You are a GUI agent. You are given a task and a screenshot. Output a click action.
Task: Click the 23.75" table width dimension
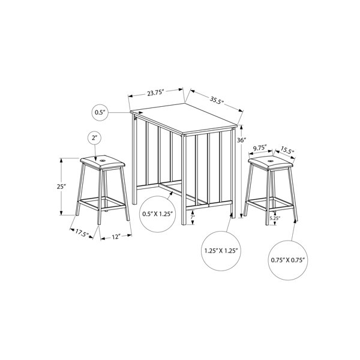pos(155,92)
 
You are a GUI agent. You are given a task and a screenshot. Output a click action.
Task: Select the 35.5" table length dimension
pos(217,100)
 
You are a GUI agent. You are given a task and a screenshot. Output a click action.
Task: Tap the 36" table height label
pos(242,140)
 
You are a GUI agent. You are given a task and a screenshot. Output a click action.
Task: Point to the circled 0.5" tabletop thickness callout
pos(100,113)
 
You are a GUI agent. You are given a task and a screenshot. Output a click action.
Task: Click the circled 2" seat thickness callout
pos(95,138)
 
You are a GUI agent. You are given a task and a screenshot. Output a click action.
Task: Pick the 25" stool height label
pos(61,187)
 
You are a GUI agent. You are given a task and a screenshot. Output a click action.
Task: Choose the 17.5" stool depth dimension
pos(82,234)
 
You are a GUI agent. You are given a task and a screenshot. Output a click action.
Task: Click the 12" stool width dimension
pos(116,237)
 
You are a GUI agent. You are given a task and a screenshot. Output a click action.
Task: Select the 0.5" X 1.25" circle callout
pos(157,214)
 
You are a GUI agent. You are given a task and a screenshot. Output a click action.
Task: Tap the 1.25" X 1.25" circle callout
pos(221,251)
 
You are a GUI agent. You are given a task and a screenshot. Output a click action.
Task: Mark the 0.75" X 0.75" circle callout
pos(287,260)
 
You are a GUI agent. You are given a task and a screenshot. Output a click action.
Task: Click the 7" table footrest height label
pos(193,217)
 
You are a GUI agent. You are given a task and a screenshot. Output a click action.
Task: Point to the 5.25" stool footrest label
pos(275,218)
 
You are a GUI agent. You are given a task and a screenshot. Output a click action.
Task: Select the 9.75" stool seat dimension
pos(260,148)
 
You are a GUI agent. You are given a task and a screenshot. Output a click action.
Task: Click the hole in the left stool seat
pos(103,160)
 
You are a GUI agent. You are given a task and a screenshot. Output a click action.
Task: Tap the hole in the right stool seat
pos(271,160)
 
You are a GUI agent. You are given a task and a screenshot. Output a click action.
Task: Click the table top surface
pos(184,118)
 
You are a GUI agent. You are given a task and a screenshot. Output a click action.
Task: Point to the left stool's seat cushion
pos(103,162)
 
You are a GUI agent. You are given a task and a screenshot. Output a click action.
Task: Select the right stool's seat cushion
pos(270,163)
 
